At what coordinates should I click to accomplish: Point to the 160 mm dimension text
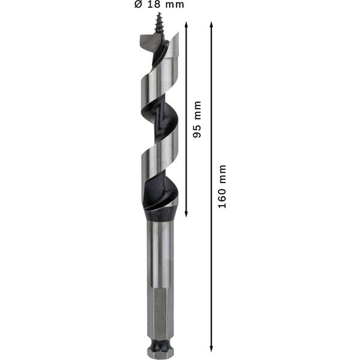coord(222,186)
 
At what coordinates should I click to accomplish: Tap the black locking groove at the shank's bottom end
coord(159,346)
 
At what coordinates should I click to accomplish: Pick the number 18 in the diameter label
coord(154,5)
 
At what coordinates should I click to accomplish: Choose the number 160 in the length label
coord(222,197)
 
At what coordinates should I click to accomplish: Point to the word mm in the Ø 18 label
coord(173,5)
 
